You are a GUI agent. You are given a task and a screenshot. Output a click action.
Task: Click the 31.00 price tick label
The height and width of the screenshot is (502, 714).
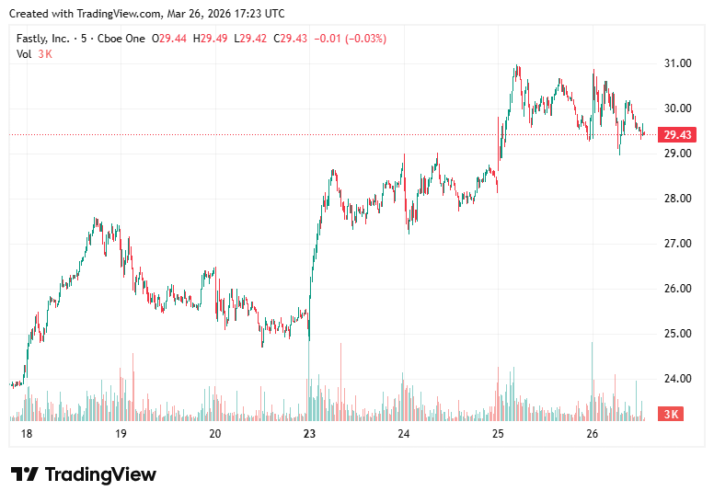point(678,63)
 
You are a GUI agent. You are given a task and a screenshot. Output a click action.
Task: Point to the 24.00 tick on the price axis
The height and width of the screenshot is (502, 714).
point(678,379)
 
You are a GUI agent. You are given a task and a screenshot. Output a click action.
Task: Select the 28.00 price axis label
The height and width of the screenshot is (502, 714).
point(678,199)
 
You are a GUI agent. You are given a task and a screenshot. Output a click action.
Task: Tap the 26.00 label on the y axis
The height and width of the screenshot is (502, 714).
point(678,289)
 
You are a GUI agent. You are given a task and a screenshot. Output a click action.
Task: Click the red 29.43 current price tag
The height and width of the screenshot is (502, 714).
point(678,135)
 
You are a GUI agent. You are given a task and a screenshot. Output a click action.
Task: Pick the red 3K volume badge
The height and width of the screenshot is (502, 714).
point(672,415)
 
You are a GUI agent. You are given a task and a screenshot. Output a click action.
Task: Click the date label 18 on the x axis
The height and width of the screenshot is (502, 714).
point(26,434)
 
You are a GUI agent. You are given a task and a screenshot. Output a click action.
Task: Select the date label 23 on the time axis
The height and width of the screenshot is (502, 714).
point(309,434)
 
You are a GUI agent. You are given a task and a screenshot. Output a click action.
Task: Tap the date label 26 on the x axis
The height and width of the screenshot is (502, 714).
point(592,434)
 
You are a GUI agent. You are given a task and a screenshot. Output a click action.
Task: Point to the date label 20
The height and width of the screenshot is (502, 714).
point(214,434)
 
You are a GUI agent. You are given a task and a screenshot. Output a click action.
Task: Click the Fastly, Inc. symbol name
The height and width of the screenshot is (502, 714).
point(41,39)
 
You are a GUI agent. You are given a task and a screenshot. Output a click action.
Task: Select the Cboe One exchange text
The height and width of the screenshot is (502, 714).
point(123,39)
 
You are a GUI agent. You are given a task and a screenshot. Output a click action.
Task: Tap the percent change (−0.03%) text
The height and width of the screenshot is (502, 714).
point(363,39)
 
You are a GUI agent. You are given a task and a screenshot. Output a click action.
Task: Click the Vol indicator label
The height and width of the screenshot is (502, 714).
point(24,54)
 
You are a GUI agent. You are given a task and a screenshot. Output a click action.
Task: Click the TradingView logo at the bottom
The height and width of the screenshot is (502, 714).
point(84,474)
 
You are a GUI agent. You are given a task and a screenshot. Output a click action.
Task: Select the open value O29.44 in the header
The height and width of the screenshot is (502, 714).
point(170,39)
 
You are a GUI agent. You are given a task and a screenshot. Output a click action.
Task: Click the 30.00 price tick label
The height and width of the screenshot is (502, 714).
point(678,108)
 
